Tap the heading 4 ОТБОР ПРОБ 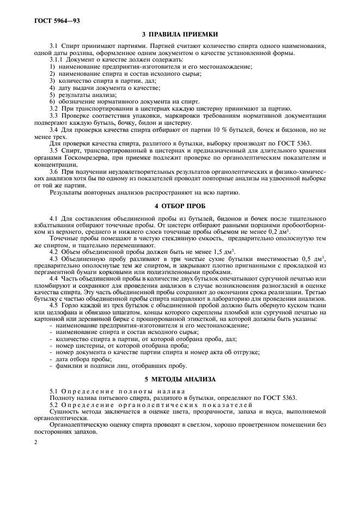click(x=180, y=205)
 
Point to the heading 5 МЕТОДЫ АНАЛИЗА click(x=180, y=379)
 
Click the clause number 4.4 click(x=55, y=278)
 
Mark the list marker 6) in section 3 click(x=53, y=101)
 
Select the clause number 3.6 click(x=55, y=171)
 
